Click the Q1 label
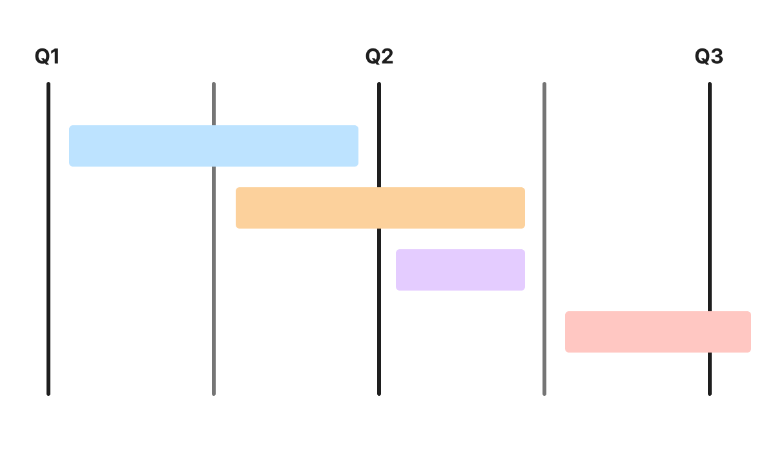pos(46,57)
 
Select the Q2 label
pos(379,57)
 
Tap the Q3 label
pos(708,57)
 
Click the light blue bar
pos(213,146)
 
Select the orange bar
pos(380,208)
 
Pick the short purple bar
pos(460,270)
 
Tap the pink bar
pos(657,332)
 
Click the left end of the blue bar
pos(72,146)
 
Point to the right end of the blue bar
pos(355,146)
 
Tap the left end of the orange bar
pos(239,208)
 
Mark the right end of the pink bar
pos(748,332)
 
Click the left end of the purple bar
pos(399,270)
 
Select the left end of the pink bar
pos(568,332)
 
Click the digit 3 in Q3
pos(716,57)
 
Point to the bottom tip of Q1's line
pos(48,393)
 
